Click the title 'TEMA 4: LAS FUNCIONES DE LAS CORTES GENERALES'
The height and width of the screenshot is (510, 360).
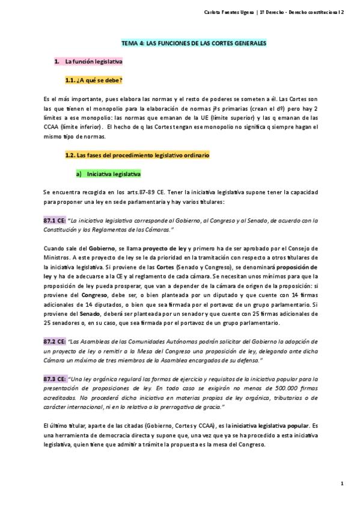[x=194, y=45]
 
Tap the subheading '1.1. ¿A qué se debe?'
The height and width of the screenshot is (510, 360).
[x=94, y=79]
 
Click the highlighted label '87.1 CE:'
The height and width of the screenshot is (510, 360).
[x=54, y=221]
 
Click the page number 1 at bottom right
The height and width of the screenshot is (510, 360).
[x=341, y=484]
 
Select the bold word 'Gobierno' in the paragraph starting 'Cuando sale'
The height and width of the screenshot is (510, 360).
[x=87, y=248]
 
